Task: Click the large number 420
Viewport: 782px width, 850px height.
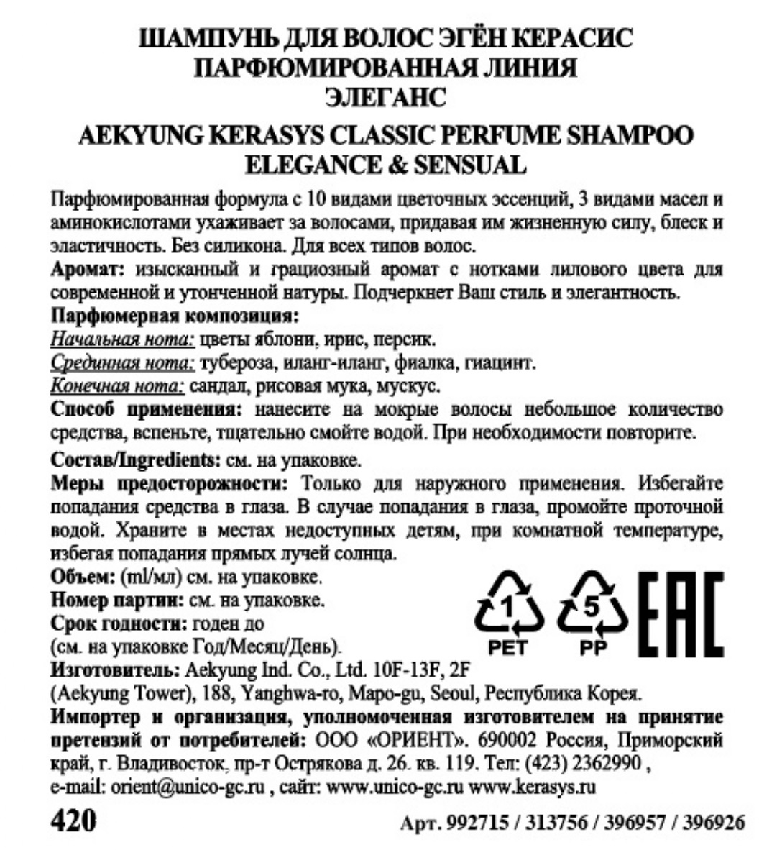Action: point(73,821)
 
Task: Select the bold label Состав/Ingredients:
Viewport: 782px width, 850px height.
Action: point(135,459)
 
